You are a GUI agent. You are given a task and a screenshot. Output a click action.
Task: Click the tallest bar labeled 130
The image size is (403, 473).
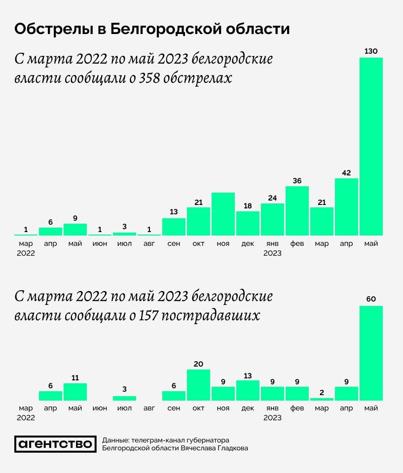(371, 146)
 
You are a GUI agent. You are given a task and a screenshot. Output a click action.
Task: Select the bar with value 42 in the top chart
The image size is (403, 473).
(346, 206)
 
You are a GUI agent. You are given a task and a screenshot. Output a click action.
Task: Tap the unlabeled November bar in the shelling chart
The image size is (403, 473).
(223, 214)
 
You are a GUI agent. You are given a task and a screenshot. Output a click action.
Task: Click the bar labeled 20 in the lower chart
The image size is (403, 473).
(198, 385)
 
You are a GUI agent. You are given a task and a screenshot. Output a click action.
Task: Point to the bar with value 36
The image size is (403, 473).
(297, 210)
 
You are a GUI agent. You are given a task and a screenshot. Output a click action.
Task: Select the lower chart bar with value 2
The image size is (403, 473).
(322, 399)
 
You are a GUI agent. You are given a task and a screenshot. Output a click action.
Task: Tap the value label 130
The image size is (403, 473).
(371, 51)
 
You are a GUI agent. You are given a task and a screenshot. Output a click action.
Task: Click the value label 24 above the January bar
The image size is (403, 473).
(272, 197)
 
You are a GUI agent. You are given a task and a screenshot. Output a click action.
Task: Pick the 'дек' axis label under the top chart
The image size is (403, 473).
(248, 244)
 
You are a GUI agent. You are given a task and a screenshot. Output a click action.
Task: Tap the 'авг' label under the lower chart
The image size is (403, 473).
(149, 408)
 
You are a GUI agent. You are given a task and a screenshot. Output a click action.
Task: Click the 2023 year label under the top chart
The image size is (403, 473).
(272, 253)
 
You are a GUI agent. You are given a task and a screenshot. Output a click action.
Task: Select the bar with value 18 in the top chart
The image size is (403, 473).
(248, 223)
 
